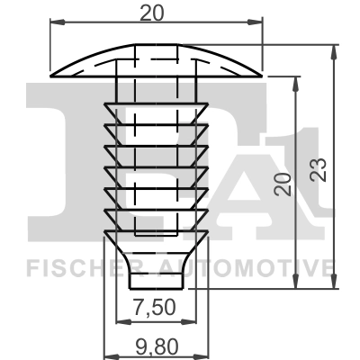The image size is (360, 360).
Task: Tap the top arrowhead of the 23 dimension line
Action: (335, 44)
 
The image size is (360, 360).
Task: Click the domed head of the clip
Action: (156, 58)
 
